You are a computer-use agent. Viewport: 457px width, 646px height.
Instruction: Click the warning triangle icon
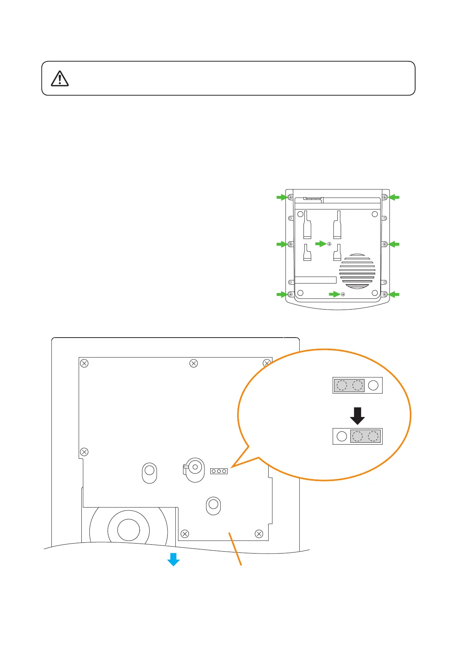(x=59, y=79)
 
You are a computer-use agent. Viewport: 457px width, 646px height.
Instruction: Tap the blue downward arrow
(x=173, y=559)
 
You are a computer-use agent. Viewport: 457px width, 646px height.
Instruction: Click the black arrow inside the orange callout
(x=357, y=415)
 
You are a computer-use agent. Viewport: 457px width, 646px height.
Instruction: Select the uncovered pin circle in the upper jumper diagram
(x=373, y=385)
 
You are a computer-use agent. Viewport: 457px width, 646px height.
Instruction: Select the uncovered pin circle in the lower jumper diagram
(x=342, y=436)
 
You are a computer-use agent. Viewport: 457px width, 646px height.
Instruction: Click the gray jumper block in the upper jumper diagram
(x=349, y=385)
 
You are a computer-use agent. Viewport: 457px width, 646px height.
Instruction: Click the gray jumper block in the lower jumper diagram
(x=365, y=436)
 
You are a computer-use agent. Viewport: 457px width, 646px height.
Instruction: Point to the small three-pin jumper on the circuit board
(x=219, y=471)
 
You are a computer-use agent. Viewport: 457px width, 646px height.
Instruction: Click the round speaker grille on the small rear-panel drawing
(x=357, y=271)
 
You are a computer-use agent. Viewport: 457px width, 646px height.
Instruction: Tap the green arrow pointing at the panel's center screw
(x=320, y=244)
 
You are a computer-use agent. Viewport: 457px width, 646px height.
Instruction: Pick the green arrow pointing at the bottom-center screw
(x=334, y=294)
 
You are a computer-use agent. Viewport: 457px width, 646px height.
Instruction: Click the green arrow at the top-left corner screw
(x=282, y=197)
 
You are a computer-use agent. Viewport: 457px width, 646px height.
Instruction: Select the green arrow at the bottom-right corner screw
(x=394, y=294)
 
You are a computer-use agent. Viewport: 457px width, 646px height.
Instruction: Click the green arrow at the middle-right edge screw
(x=394, y=244)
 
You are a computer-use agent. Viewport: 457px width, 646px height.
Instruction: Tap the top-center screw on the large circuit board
(x=194, y=363)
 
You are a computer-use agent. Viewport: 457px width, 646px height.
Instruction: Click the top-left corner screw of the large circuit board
(x=84, y=363)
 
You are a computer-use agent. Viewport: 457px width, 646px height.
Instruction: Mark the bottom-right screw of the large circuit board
(x=259, y=534)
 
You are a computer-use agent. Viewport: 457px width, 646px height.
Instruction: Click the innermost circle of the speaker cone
(x=129, y=530)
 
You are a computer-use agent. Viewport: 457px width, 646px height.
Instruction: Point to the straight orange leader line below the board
(x=235, y=549)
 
